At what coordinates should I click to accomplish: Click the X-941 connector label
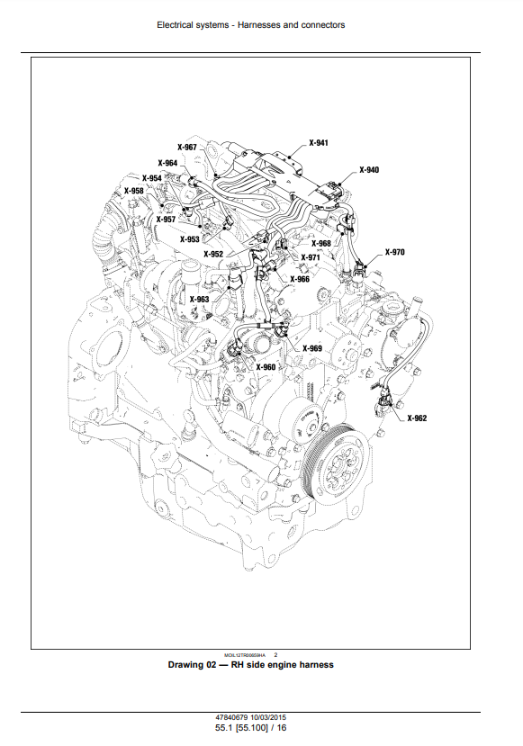click(319, 143)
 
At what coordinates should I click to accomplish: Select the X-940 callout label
click(369, 170)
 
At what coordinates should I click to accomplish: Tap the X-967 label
click(187, 148)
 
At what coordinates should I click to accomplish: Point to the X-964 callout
click(167, 163)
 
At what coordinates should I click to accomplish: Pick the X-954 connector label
click(152, 178)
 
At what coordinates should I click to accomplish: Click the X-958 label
click(134, 191)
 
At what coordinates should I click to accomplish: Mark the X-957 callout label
click(167, 220)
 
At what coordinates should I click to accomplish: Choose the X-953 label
click(189, 239)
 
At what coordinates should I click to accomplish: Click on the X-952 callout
click(213, 254)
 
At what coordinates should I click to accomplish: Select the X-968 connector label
click(321, 244)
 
